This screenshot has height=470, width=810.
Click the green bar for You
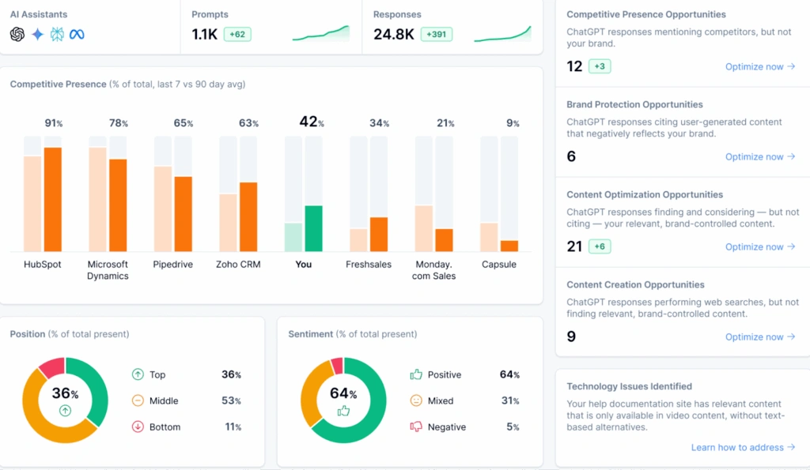(313, 228)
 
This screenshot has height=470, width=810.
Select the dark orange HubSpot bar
(53, 199)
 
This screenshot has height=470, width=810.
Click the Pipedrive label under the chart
(173, 265)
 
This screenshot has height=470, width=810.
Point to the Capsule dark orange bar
(509, 246)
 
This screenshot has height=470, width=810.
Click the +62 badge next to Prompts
(238, 35)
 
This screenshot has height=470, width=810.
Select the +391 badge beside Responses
(439, 35)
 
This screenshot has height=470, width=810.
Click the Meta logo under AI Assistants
(77, 34)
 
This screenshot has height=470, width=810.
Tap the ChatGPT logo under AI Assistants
(17, 34)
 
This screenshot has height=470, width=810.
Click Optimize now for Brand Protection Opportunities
(759, 156)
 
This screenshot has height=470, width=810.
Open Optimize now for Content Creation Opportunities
(759, 337)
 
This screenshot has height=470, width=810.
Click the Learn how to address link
(743, 447)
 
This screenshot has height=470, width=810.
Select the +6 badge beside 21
(599, 246)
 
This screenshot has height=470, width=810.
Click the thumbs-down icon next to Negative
(416, 427)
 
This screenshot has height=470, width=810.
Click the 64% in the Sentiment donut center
(343, 393)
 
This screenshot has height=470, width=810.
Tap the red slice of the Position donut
(51, 367)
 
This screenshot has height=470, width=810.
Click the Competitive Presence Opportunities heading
(645, 14)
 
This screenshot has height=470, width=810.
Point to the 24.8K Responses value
(393, 35)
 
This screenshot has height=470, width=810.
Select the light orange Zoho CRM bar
(228, 222)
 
